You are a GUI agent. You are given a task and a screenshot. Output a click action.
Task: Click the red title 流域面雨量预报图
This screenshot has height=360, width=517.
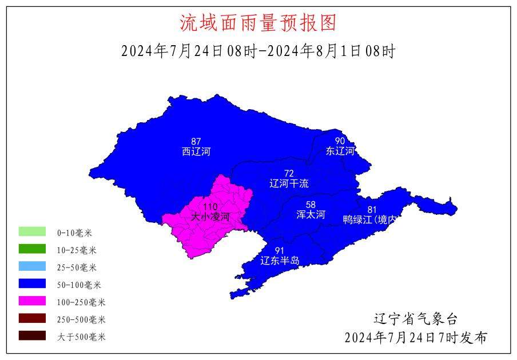pyautogui.click(x=258, y=23)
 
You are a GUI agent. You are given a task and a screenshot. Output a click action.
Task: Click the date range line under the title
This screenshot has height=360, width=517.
pyautogui.click(x=258, y=51)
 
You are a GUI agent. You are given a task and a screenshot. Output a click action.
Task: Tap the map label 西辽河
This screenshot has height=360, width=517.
pyautogui.click(x=196, y=151)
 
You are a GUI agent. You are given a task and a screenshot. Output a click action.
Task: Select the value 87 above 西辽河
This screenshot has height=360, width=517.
pyautogui.click(x=196, y=141)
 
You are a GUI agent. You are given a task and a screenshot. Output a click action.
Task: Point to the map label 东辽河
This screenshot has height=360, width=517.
pyautogui.click(x=340, y=151)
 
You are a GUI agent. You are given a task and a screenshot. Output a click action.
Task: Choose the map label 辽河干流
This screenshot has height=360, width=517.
pyautogui.click(x=289, y=183)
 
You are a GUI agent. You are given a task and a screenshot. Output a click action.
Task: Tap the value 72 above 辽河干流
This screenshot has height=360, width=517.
pyautogui.click(x=289, y=173)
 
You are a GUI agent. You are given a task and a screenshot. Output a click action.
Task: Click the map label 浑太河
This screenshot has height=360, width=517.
pyautogui.click(x=311, y=215)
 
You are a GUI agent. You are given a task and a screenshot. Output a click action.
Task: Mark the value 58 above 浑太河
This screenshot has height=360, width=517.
pyautogui.click(x=311, y=205)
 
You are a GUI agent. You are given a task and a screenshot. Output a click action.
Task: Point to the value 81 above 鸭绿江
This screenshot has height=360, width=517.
pyautogui.click(x=372, y=209)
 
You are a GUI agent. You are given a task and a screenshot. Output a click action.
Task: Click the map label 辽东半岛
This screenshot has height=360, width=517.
pyautogui.click(x=280, y=261)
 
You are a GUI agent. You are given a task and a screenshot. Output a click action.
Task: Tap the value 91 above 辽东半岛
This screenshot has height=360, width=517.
pyautogui.click(x=280, y=251)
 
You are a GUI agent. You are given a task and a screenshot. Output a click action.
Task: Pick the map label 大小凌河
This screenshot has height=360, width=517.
pyautogui.click(x=210, y=217)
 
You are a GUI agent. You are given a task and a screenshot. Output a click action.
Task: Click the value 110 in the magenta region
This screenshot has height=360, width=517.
pyautogui.click(x=210, y=207)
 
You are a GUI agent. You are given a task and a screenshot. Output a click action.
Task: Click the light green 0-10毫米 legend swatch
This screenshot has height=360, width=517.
pyautogui.click(x=32, y=232)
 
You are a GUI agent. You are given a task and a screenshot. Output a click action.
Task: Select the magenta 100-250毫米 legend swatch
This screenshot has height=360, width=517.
pyautogui.click(x=32, y=302)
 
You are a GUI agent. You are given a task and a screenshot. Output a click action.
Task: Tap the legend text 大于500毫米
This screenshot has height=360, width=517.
pyautogui.click(x=81, y=337)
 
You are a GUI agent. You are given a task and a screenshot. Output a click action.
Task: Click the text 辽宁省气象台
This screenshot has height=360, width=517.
pyautogui.click(x=416, y=319)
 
